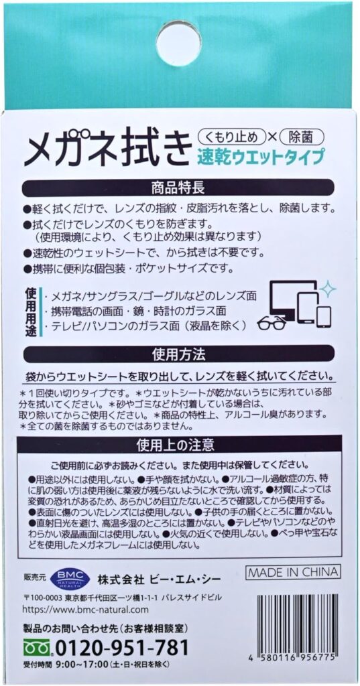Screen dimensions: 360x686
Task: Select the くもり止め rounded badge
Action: pyautogui.click(x=233, y=137)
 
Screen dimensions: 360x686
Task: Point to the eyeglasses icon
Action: pyautogui.click(x=272, y=324)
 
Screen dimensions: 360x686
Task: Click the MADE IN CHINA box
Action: pyautogui.click(x=293, y=572)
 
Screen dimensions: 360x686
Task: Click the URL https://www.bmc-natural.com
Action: pyautogui.click(x=86, y=610)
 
